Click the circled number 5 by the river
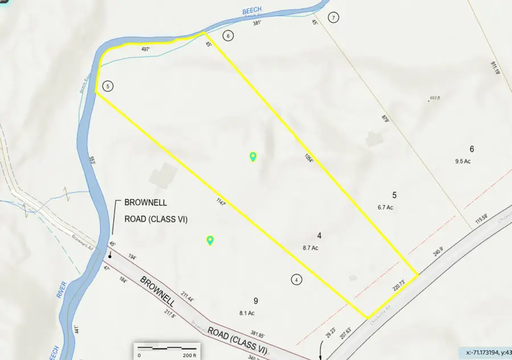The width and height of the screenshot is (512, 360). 108,86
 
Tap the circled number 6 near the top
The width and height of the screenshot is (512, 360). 228,36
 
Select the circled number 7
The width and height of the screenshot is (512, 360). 334,18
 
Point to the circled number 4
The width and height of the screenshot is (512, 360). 296,279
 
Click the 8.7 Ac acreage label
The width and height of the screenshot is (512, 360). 310,248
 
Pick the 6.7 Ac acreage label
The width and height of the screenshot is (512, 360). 385,208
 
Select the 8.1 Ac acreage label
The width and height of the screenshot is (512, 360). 247,312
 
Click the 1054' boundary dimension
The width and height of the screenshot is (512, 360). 308,158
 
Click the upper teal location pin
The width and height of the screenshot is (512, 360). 253,156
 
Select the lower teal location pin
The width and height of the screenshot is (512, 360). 210,241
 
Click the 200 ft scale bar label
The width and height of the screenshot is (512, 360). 189,354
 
